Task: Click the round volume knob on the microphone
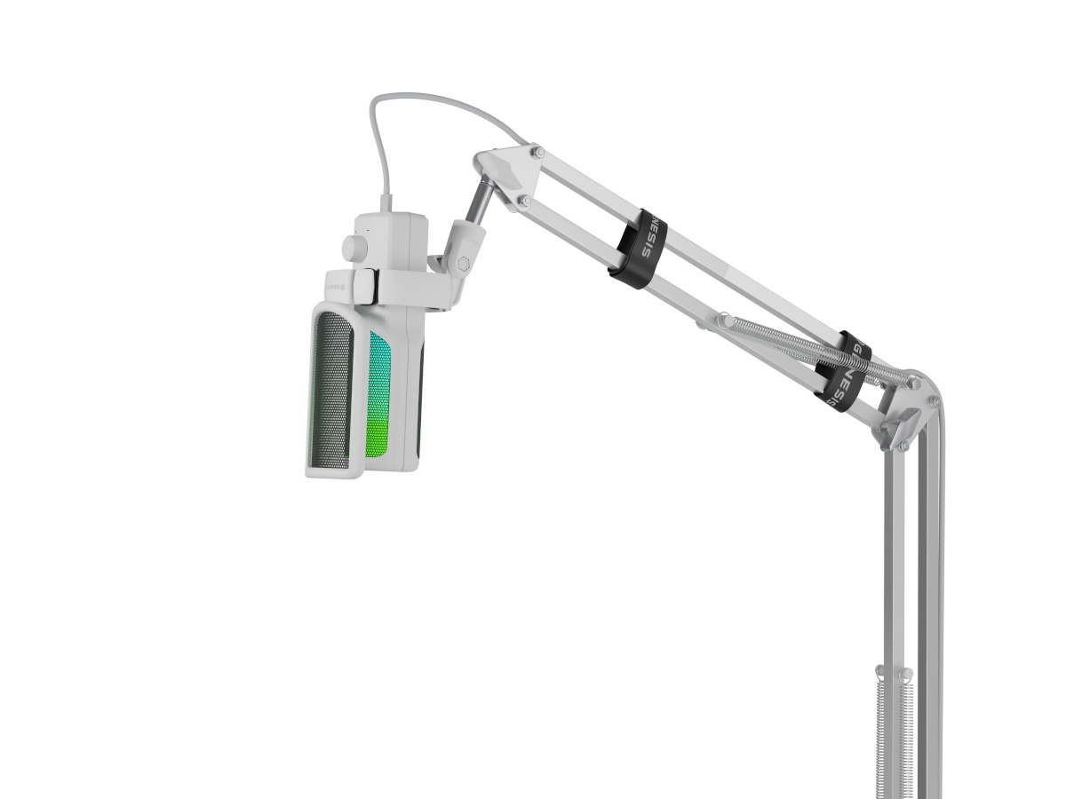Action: (x=354, y=247)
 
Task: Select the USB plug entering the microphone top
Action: (x=388, y=206)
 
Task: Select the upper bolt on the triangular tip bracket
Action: (x=536, y=152)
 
